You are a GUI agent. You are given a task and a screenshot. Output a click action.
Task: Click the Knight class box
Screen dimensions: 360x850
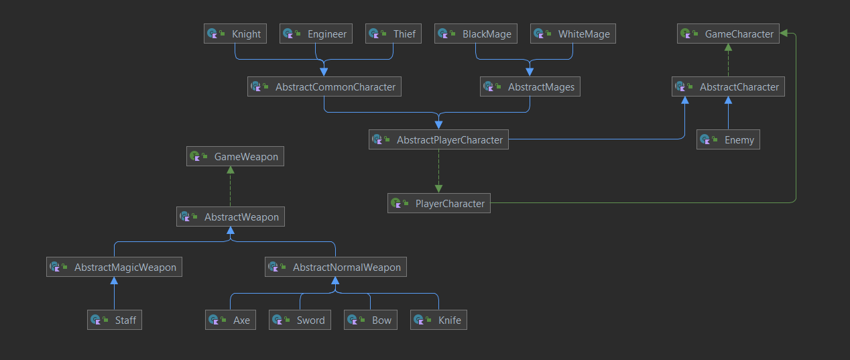pos(235,34)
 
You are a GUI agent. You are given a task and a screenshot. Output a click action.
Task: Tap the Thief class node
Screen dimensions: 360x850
pos(393,34)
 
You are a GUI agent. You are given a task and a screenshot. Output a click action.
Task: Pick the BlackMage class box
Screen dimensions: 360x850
pos(476,34)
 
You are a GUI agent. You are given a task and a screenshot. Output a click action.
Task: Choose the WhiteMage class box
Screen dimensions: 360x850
pos(572,34)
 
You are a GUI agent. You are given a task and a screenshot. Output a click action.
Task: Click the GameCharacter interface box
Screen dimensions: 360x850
pos(728,34)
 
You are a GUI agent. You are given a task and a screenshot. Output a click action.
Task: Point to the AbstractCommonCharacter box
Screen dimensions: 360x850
pos(324,87)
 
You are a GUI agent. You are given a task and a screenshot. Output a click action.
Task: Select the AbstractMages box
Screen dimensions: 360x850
pos(530,87)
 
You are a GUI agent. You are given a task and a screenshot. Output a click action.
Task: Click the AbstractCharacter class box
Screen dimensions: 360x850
pos(728,87)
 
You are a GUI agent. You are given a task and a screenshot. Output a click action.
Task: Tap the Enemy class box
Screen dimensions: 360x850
pos(728,140)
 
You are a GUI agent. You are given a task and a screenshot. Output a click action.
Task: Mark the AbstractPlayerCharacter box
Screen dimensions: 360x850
pos(438,140)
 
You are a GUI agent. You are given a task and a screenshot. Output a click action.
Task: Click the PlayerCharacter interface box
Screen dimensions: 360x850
pos(438,204)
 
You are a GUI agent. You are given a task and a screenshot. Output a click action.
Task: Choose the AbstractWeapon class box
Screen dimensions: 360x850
pos(231,217)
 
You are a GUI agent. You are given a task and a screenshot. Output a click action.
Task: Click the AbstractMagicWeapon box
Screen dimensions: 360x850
pos(115,267)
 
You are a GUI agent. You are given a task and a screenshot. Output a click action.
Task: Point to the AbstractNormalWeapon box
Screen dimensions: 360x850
pos(336,267)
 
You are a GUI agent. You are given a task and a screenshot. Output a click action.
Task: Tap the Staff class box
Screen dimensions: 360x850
pos(115,320)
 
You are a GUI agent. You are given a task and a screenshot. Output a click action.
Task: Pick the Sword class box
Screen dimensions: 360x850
pos(300,320)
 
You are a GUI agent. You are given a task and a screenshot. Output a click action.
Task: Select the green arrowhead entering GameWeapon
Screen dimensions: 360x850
pos(231,171)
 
